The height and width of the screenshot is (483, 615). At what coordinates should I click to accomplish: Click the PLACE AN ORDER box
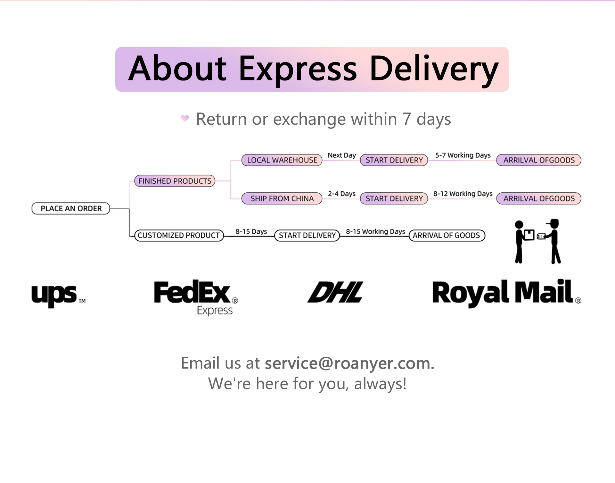point(71,208)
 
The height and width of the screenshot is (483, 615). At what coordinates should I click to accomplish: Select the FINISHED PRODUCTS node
point(175,181)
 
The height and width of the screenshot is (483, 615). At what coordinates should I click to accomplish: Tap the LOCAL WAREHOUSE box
point(282,160)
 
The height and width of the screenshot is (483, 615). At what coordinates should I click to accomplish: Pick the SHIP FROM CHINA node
point(282,198)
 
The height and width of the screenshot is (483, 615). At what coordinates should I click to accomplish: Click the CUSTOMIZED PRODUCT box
point(179,235)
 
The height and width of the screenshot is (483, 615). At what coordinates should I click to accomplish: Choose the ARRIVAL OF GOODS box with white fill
point(447,235)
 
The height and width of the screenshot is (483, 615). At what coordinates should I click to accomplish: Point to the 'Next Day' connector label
point(341,155)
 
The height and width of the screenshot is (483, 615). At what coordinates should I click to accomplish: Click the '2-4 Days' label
point(341,194)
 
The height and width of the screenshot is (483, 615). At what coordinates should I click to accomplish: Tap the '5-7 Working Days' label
point(463,155)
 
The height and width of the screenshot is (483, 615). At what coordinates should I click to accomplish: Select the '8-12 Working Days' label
point(463,194)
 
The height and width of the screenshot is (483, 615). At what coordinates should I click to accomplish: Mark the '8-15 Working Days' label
point(375,231)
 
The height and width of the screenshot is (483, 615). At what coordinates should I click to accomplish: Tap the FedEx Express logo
point(196,296)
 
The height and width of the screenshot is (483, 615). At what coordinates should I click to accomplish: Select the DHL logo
point(335,292)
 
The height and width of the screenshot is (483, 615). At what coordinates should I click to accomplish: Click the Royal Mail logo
point(506,293)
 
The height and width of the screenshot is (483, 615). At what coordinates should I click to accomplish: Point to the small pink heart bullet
point(185,118)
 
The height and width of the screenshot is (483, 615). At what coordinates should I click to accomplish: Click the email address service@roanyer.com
point(349,363)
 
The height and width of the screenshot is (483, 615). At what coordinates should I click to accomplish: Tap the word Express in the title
point(298,69)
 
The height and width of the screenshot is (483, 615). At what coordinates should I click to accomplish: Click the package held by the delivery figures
point(529,235)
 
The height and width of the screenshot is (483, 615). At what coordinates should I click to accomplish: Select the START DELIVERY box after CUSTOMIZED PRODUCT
point(307,235)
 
